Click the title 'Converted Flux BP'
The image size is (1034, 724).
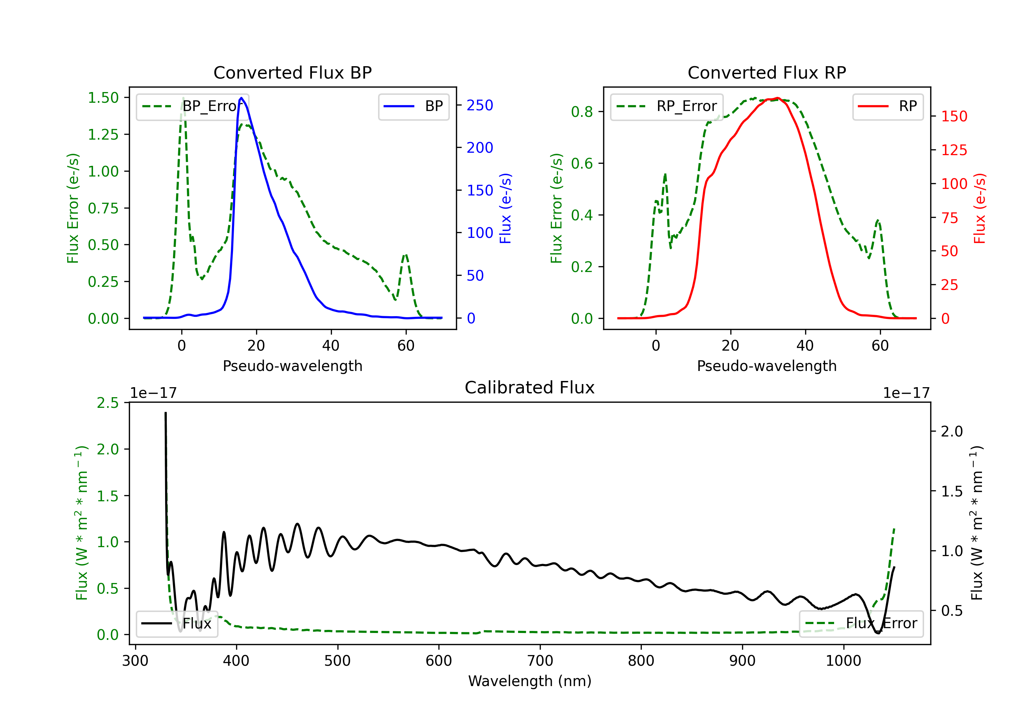[x=293, y=72]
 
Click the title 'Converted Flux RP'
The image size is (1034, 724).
[x=767, y=72]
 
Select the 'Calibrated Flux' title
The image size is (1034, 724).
[x=530, y=388]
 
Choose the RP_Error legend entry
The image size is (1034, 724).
[x=667, y=106]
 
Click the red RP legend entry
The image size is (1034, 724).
[x=888, y=106]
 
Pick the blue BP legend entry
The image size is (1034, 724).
[x=413, y=106]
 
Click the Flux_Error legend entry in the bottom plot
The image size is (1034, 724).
[x=861, y=624]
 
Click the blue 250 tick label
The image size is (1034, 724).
[x=480, y=105]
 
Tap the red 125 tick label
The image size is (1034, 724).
[x=954, y=150]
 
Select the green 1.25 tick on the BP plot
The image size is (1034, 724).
[x=103, y=134]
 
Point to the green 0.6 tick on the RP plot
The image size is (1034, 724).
[x=582, y=163]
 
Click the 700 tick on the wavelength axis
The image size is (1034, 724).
[x=540, y=661]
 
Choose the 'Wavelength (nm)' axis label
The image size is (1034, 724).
[x=530, y=681]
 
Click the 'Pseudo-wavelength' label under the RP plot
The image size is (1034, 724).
[x=767, y=366]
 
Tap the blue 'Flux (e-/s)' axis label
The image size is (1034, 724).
[x=506, y=209]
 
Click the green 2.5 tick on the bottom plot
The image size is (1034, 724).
[x=108, y=403]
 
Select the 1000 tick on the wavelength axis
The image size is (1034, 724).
[x=843, y=661]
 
